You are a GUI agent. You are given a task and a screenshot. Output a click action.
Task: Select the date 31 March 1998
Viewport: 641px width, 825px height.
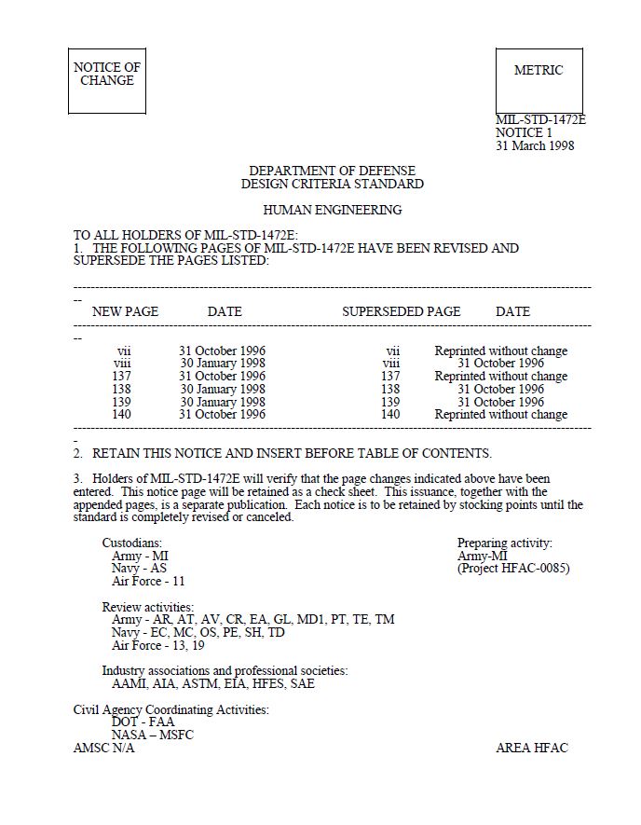[x=535, y=145]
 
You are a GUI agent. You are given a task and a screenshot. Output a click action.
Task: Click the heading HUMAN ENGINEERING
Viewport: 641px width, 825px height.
[x=333, y=210]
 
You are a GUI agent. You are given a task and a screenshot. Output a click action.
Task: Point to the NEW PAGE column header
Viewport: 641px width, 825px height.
[x=125, y=311]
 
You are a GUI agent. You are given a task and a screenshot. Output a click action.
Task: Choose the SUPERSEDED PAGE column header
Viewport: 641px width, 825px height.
[x=402, y=311]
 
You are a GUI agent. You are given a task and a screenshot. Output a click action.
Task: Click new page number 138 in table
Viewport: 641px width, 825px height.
[x=123, y=389]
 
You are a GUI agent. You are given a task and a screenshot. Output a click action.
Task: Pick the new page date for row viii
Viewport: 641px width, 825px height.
[x=223, y=364]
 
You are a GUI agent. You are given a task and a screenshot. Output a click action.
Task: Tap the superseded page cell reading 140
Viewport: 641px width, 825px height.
[x=390, y=414]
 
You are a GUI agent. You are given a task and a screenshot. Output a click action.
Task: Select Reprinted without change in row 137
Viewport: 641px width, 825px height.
[x=500, y=377]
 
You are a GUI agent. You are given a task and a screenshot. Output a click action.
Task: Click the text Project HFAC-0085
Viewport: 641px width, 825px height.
[x=513, y=568]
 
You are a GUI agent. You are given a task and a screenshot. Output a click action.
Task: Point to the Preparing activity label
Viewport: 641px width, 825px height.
[x=504, y=543]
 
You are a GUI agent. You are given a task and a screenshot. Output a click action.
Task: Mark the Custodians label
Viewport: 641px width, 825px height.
[x=132, y=543]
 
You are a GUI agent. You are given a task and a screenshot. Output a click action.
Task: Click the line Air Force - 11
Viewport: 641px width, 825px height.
[x=148, y=581]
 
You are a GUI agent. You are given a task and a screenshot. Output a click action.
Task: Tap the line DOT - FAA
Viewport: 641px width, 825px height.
[x=143, y=722]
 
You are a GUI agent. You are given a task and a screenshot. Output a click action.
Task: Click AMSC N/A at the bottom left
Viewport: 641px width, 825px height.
[x=104, y=748]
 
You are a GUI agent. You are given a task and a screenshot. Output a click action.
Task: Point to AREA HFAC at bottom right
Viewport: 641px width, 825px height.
[x=531, y=748]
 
